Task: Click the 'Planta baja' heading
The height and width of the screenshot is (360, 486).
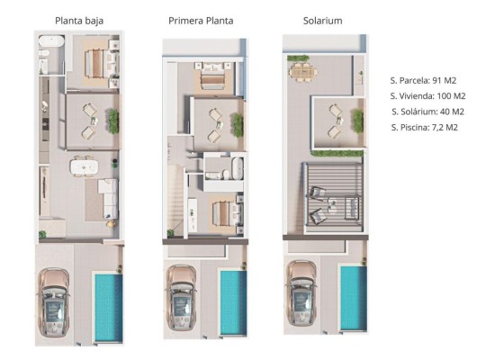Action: [79, 21]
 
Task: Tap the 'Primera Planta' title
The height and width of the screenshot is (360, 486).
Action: [201, 21]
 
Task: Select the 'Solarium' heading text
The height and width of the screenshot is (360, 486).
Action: [323, 21]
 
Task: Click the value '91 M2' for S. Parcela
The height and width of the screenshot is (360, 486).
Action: [445, 81]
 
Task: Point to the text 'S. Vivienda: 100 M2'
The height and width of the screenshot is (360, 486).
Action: [428, 96]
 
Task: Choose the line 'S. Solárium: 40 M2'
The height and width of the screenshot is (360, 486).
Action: [428, 112]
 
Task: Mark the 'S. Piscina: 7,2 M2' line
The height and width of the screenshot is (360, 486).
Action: [424, 128]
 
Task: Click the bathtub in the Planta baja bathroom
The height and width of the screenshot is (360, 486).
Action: [51, 41]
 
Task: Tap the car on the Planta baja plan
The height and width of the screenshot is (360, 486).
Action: [53, 302]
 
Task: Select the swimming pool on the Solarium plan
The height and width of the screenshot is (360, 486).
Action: [354, 298]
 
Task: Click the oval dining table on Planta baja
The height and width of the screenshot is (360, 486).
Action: [85, 167]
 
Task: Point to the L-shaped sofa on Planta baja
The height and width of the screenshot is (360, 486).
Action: [108, 198]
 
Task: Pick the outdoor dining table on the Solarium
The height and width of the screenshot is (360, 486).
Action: [303, 73]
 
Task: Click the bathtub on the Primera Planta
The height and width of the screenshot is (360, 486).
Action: [238, 168]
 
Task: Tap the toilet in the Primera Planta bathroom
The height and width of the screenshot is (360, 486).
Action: [226, 175]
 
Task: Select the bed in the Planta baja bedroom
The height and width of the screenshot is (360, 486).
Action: [102, 64]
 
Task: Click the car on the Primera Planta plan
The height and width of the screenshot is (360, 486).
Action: [181, 297]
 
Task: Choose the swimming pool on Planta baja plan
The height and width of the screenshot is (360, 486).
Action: [109, 308]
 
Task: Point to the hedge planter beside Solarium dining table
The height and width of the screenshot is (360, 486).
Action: [298, 58]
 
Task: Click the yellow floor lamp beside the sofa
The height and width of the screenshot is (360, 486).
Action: [111, 223]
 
